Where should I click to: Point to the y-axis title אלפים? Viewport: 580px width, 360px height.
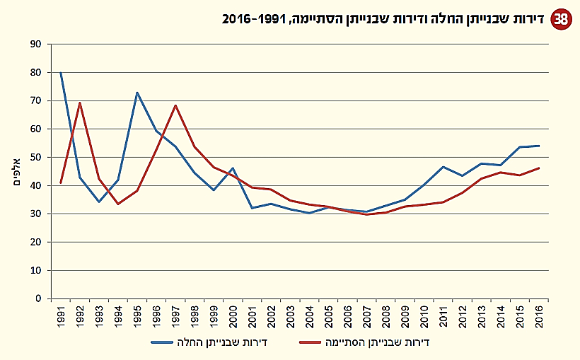point(16,172)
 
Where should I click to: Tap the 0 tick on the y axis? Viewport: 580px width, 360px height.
point(40,298)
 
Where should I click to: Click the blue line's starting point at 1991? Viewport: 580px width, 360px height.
point(61,73)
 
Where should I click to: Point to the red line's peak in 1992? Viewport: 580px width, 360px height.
point(80,103)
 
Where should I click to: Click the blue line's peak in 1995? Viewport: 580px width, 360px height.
point(137,93)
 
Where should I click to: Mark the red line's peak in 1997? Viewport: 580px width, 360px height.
point(175,105)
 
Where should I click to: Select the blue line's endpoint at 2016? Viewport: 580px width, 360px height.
point(540,146)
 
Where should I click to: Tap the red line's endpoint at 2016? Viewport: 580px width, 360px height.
point(540,168)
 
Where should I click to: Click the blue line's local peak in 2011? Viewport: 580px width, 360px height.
point(443,167)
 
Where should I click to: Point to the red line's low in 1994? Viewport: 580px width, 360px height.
point(118,204)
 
